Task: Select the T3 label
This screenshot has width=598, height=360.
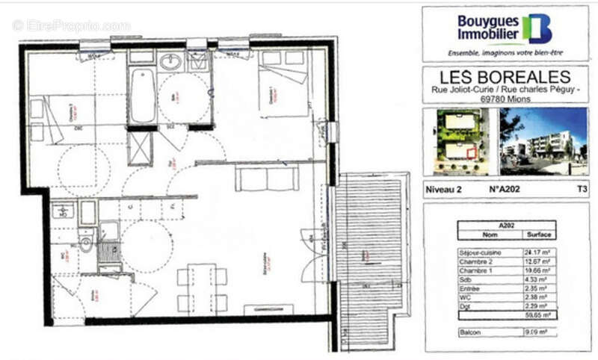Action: pos(582,190)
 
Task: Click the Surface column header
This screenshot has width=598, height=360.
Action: pos(538,234)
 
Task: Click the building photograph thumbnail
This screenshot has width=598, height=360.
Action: pos(543,141)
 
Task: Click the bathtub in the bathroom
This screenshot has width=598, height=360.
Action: pos(142,97)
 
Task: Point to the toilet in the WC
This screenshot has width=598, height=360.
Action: pos(87,243)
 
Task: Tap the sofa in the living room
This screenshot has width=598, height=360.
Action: pos(266,179)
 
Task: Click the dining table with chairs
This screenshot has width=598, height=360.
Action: pos(202,288)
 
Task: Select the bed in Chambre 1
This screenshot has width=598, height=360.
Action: pos(284,90)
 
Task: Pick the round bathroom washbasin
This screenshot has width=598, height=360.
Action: pos(170,63)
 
